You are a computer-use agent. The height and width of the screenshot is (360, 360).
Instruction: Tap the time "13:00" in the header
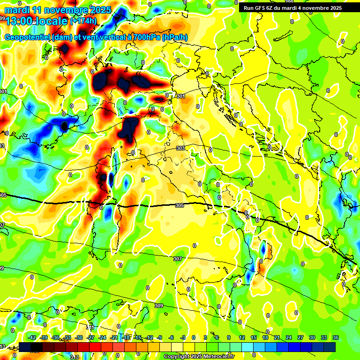coord(19,21)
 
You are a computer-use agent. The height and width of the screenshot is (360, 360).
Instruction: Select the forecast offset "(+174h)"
coord(84,21)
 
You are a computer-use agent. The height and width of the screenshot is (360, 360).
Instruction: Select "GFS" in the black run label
coord(262,8)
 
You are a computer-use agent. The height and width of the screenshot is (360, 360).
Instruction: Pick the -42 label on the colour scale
coord(32,337)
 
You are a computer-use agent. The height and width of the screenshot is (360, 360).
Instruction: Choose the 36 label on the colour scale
coord(335,337)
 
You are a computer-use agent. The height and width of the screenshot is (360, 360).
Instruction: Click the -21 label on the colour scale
coord(114,337)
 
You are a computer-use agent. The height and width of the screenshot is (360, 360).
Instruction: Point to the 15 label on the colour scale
coord(254,337)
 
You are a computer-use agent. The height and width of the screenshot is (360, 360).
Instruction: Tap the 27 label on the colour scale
coord(300,337)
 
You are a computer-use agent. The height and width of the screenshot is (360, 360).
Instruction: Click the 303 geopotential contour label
coord(180,148)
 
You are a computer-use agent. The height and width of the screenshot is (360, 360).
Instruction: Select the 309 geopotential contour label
coord(158,306)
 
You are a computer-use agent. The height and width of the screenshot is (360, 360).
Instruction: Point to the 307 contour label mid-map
coord(177,259)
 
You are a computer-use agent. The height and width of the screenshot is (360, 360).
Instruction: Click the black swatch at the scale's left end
coord(25,347)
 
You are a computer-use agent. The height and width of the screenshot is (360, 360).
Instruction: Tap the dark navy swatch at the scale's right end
coord(330,347)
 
